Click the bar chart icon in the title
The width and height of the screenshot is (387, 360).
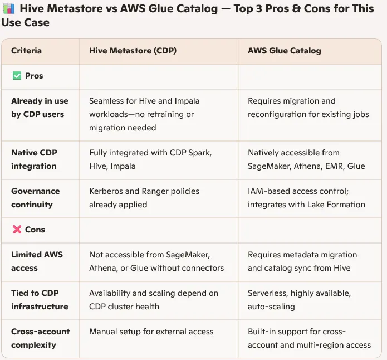tap(7, 9)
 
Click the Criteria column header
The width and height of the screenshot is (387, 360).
tap(26, 51)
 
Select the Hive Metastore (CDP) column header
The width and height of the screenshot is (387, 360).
tap(133, 51)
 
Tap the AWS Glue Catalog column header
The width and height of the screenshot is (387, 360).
tap(284, 51)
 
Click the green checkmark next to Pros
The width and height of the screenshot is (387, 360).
tap(16, 76)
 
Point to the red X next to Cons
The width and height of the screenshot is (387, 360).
tap(16, 230)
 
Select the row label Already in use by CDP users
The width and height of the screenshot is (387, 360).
tap(40, 108)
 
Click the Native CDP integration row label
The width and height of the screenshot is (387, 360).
tap(34, 159)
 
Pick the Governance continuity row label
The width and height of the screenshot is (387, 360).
tap(36, 198)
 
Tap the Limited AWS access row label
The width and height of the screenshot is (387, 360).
tap(37, 261)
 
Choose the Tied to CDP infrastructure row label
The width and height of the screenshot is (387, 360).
tap(40, 300)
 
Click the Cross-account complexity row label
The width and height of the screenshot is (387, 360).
tap(41, 338)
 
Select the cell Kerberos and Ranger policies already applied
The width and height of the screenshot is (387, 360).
tap(144, 198)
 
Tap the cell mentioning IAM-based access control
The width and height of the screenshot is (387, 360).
tap(306, 198)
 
